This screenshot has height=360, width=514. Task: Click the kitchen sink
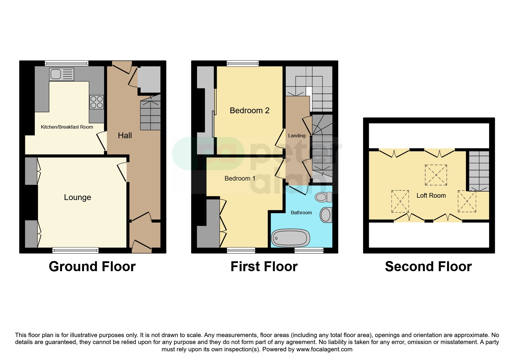pos(62,74)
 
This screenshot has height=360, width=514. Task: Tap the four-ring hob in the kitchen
pos(97,102)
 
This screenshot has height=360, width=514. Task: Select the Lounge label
pos(77,197)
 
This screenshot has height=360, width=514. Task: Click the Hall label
pos(125,136)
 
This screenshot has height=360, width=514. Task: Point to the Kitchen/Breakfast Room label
pos(67,127)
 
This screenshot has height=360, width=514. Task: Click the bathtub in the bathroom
pos(291,238)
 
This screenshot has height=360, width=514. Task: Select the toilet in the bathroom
pos(324,197)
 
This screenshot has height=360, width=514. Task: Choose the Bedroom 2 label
pos(250,111)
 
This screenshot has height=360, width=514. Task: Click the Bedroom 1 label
pos(240,179)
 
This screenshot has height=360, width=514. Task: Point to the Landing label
pos(297,136)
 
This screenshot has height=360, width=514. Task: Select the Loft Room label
pos(431,196)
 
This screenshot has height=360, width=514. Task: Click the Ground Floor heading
pos(92,267)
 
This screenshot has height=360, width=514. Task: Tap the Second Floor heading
pos(428,267)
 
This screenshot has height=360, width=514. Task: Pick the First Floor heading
pos(264,267)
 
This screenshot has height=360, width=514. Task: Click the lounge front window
pos(75,250)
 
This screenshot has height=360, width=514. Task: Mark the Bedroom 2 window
pos(243,63)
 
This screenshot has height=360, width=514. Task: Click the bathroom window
pos(309,250)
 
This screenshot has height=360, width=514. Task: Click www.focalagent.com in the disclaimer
pos(324,349)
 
